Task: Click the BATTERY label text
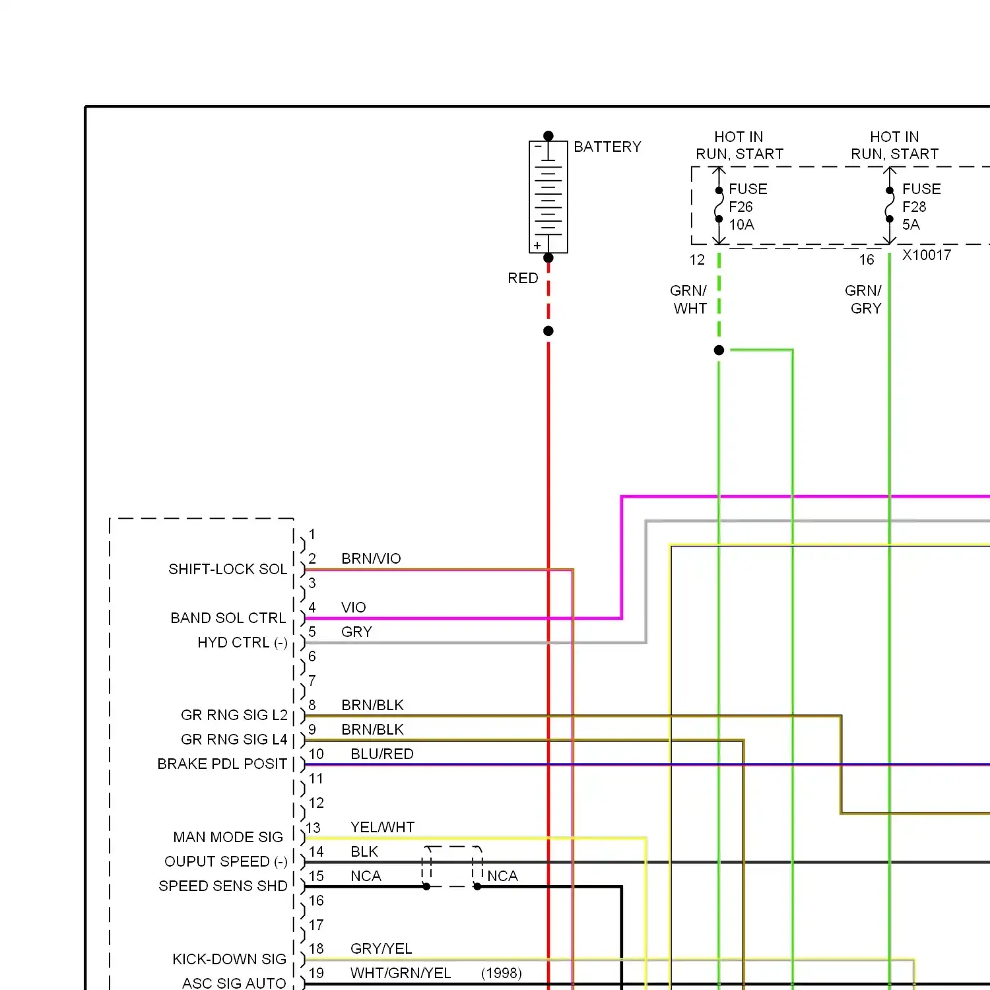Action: (x=607, y=147)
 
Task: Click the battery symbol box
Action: (x=548, y=197)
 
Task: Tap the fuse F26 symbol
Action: (x=719, y=205)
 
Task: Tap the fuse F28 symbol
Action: (x=890, y=205)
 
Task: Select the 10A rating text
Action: (x=741, y=225)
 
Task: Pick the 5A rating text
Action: (x=911, y=225)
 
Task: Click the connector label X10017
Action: (x=927, y=255)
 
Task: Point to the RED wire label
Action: (x=523, y=279)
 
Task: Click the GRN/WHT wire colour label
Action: (x=689, y=300)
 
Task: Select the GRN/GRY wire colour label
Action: (x=864, y=300)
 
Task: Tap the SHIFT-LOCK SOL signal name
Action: (x=228, y=570)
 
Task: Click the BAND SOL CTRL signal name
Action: (x=228, y=618)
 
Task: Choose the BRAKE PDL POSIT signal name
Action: (x=222, y=764)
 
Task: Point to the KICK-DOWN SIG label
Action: (x=229, y=960)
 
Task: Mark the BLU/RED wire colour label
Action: (x=382, y=754)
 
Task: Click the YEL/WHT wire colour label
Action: (x=382, y=828)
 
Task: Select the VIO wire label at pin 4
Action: (x=354, y=608)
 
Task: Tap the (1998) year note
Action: (x=502, y=973)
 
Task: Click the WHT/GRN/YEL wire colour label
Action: (x=401, y=973)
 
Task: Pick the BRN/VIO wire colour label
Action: (x=371, y=559)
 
